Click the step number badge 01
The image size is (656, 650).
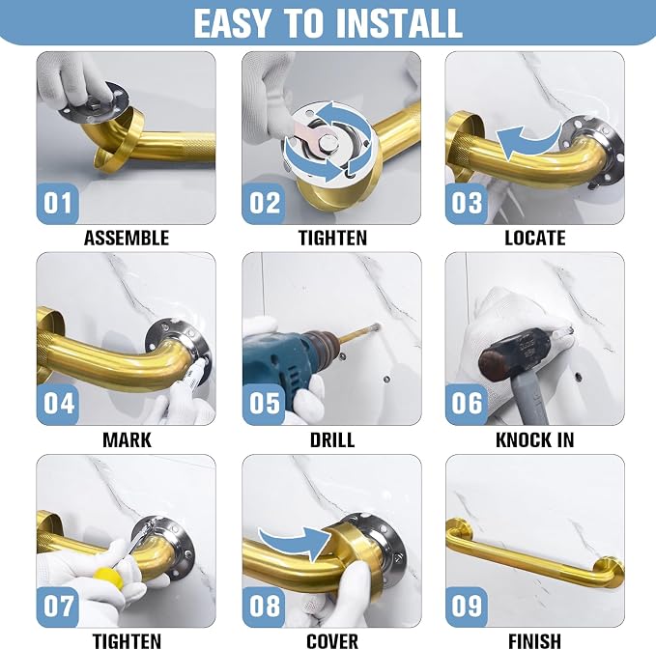pyautogui.click(x=58, y=203)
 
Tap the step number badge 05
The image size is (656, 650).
pyautogui.click(x=264, y=404)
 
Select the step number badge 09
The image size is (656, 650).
pyautogui.click(x=467, y=607)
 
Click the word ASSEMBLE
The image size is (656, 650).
pyautogui.click(x=127, y=238)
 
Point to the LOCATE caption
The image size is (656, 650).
pyautogui.click(x=534, y=238)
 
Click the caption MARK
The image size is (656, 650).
pyautogui.click(x=127, y=440)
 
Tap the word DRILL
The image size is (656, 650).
pyautogui.click(x=332, y=440)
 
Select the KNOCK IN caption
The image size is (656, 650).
pyautogui.click(x=534, y=440)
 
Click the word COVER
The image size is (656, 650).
pyautogui.click(x=332, y=641)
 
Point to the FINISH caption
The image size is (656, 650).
pyautogui.click(x=534, y=641)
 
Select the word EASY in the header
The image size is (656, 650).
pyautogui.click(x=232, y=24)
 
